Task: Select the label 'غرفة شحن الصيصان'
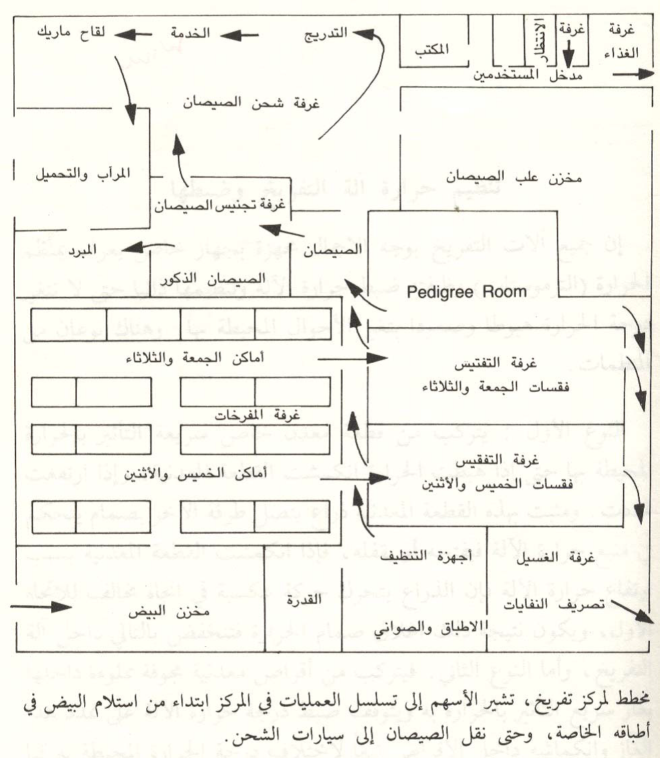[x=251, y=104]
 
